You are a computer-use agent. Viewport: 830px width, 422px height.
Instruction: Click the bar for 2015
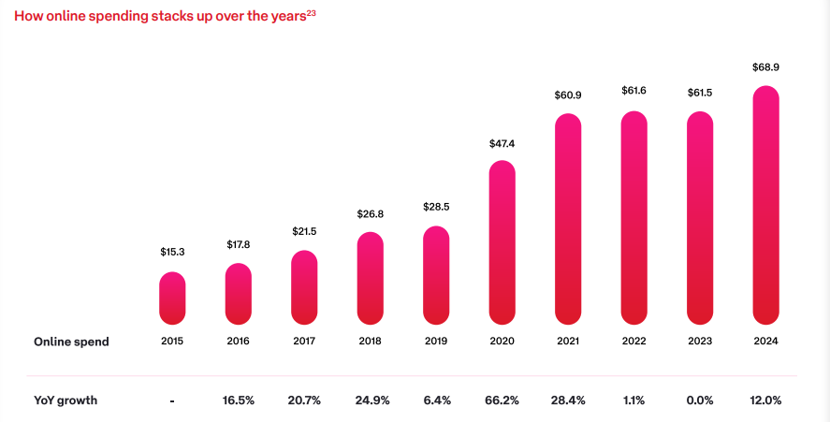pos(172,298)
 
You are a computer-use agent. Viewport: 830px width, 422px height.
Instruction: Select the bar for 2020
pos(502,242)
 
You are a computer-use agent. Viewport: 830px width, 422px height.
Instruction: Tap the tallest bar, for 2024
pos(766,205)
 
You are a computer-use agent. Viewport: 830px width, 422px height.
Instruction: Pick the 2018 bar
pos(371,278)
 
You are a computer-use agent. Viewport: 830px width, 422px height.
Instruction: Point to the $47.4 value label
pos(502,143)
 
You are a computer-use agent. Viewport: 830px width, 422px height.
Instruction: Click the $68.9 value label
pos(766,68)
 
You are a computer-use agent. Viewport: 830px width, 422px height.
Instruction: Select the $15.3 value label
pos(172,253)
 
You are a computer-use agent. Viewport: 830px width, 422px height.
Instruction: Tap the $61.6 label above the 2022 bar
pos(634,90)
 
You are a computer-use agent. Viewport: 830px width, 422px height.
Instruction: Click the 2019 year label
pos(436,342)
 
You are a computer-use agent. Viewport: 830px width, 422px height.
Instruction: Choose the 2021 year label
pos(568,342)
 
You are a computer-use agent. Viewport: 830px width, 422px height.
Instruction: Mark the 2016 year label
pos(239,342)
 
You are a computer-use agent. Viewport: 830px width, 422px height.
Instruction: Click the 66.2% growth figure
pos(502,400)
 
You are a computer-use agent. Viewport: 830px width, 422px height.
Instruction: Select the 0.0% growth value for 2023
pos(700,400)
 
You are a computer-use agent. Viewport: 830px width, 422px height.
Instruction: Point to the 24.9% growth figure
pos(371,400)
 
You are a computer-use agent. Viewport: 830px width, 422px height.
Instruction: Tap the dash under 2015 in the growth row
pos(172,401)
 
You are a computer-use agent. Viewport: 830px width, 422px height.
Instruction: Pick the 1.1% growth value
pos(634,400)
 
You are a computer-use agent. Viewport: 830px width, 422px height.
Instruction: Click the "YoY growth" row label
pos(66,400)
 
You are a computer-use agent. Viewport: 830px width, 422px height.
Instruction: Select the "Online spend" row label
pos(71,342)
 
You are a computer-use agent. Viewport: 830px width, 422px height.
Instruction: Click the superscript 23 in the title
pos(311,12)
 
